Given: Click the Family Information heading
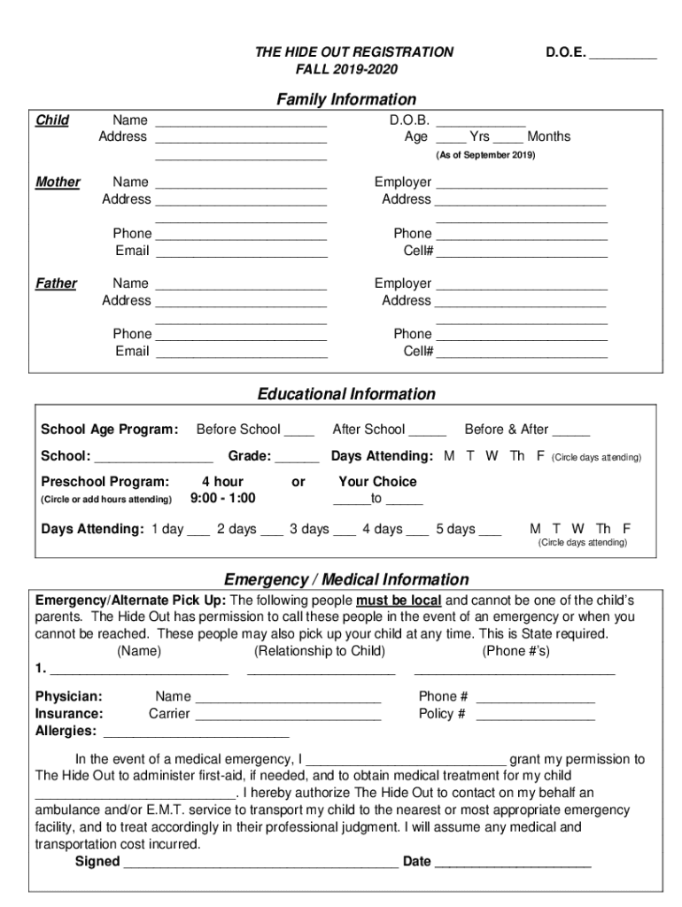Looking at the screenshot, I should pyautogui.click(x=346, y=99).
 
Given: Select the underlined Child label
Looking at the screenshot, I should pyautogui.click(x=52, y=120).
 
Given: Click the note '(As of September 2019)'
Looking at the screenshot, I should pyautogui.click(x=485, y=155).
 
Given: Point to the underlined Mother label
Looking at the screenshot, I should pyautogui.click(x=58, y=182).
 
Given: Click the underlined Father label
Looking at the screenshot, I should pyautogui.click(x=56, y=283).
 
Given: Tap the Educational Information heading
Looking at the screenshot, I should pyautogui.click(x=346, y=394).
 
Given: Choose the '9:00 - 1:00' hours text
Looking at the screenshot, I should pyautogui.click(x=223, y=498).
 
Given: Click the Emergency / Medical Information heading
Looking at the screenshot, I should pyautogui.click(x=346, y=580).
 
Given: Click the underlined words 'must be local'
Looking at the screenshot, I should pyautogui.click(x=399, y=600).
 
